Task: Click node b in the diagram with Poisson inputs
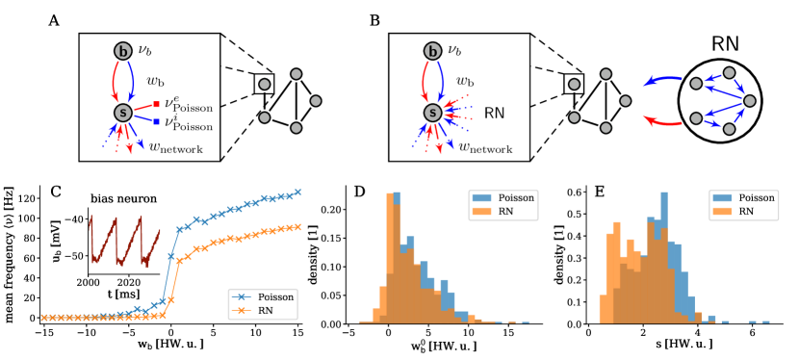click(122, 51)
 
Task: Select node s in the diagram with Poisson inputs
click(122, 113)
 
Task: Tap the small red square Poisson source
click(156, 104)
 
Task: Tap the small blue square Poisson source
click(156, 121)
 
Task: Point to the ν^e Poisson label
click(188, 104)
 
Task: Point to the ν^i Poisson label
click(188, 122)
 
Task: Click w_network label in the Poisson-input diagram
click(176, 147)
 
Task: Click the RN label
click(494, 114)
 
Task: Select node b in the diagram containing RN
click(432, 51)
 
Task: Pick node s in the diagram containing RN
click(432, 113)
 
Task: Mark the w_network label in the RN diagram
click(485, 147)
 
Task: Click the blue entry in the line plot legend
click(245, 297)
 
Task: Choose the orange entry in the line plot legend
click(245, 310)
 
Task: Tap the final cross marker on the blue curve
click(298, 192)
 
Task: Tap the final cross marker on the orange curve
click(298, 226)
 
